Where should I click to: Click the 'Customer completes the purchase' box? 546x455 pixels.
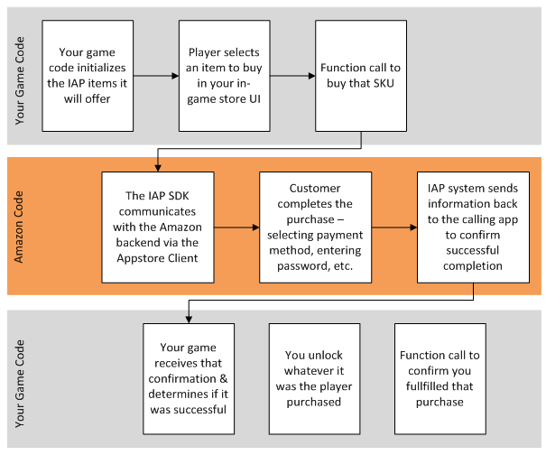tap(310, 228)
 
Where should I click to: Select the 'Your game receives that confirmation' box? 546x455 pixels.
tap(190, 376)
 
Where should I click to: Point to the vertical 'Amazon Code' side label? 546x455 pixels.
tap(21, 228)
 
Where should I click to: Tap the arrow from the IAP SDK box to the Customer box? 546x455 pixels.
tap(236, 228)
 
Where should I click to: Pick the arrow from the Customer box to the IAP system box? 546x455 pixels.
tap(393, 228)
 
